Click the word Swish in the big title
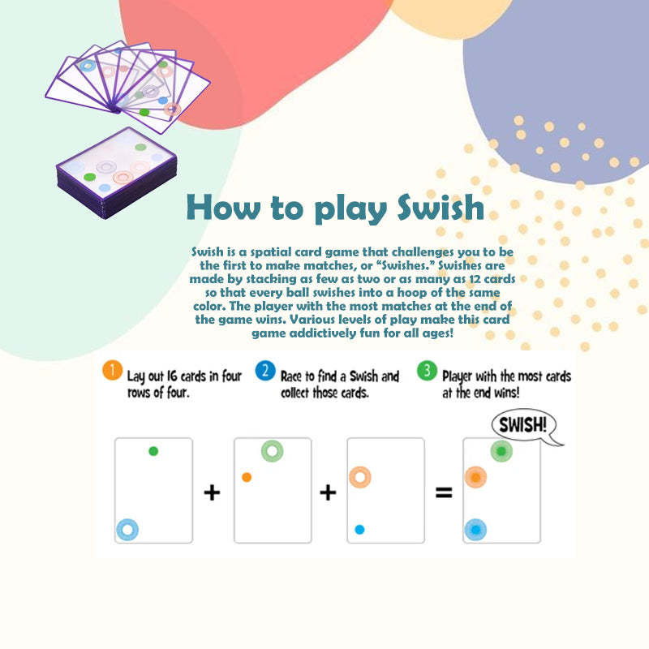[441, 208]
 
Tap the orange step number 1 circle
[112, 371]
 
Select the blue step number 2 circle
[265, 371]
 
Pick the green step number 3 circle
[427, 371]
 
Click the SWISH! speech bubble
[524, 426]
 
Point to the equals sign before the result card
[444, 492]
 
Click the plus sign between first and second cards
[212, 492]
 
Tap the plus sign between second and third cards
[328, 492]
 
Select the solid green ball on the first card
[153, 451]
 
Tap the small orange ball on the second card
[247, 477]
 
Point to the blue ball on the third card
[359, 530]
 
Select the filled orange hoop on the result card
[476, 477]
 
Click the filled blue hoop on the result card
[475, 530]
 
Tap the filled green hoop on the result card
[501, 451]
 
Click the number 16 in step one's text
[172, 376]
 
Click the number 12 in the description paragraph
[475, 279]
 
